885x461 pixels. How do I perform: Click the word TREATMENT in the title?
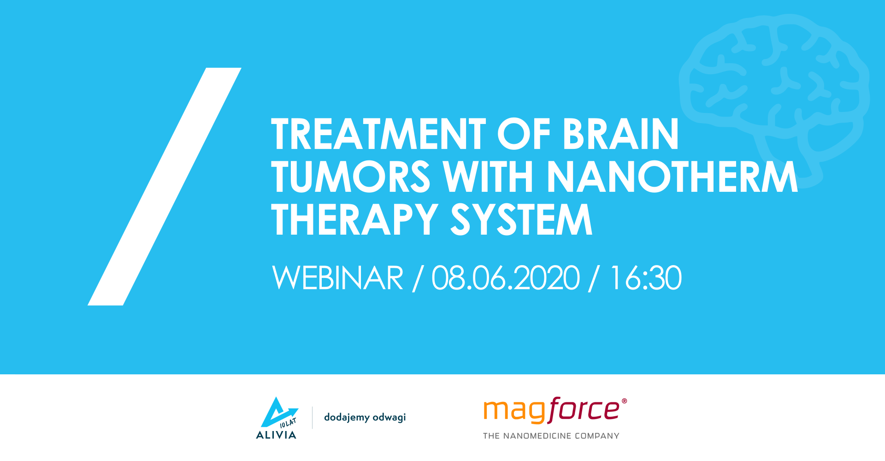(378, 134)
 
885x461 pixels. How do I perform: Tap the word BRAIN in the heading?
(620, 134)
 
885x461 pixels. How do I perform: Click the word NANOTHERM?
(672, 177)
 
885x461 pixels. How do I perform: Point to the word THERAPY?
(354, 220)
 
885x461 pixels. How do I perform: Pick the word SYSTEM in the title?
(521, 220)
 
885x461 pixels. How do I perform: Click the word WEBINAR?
(337, 278)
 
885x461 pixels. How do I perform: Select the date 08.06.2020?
(505, 278)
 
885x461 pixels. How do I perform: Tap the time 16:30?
(645, 278)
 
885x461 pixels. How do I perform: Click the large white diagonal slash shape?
(165, 186)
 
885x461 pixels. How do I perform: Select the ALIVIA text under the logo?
(276, 435)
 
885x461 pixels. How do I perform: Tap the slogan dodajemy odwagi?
(365, 417)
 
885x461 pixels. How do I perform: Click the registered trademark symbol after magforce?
(624, 401)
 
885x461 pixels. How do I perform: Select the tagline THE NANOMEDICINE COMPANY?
(551, 436)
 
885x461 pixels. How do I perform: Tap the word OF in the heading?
(524, 134)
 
